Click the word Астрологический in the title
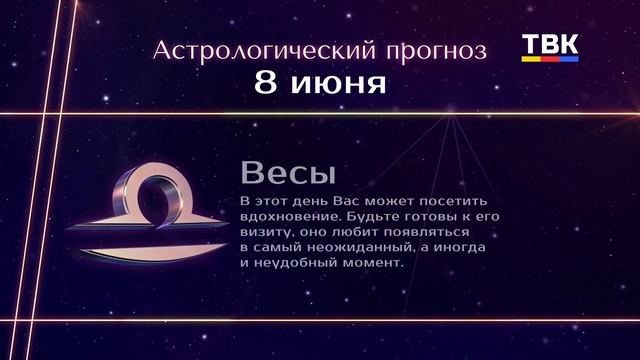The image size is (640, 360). point(251,50)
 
